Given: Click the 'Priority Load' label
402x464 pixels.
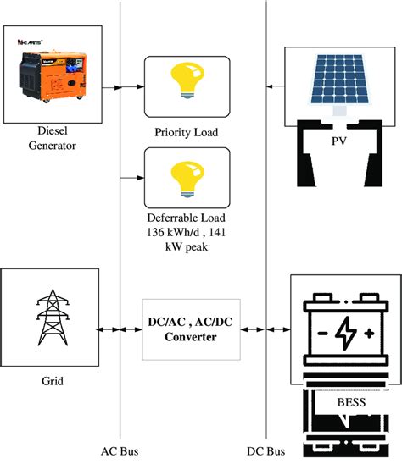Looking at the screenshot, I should (x=186, y=132).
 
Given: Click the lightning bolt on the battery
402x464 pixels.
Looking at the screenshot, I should (x=344, y=333).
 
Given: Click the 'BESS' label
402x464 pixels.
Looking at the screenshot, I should (x=344, y=401).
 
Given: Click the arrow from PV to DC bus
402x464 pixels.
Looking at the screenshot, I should (x=274, y=86).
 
